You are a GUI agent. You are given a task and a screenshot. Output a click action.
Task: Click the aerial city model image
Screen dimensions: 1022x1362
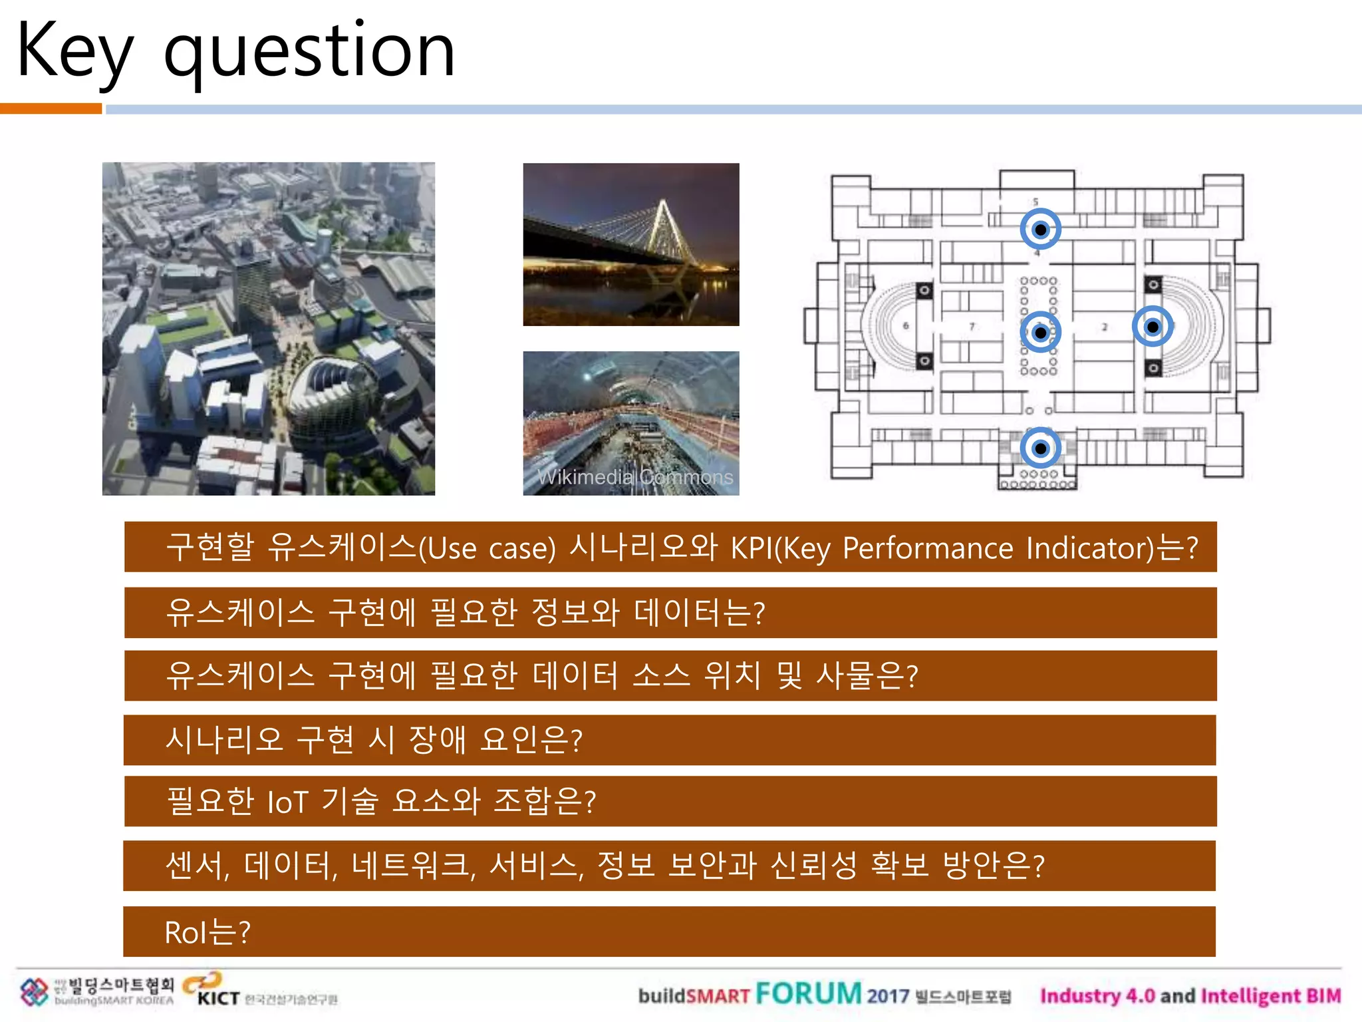pos(269,329)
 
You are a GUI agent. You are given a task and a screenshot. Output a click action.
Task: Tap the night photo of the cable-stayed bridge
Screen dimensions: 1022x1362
pos(630,244)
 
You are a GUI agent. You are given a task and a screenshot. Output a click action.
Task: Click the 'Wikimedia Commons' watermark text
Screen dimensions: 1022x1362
pos(634,477)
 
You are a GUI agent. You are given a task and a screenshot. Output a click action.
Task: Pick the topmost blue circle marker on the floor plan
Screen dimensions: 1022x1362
pos(1040,230)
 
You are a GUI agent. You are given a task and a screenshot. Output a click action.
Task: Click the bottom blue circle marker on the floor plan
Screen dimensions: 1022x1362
pos(1040,448)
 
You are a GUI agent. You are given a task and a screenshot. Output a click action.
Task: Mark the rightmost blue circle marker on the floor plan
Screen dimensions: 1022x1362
pos(1153,327)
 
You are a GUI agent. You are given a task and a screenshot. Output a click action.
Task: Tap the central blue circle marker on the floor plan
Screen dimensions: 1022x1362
pos(1040,333)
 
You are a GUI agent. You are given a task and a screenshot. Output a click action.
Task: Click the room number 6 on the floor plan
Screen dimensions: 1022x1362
pos(906,326)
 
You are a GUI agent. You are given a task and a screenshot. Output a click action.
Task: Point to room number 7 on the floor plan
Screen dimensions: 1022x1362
pos(972,326)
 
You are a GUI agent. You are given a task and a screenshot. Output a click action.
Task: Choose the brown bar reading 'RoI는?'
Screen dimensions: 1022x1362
pos(669,932)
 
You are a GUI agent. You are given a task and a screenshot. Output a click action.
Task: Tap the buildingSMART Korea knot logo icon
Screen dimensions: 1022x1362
pos(34,992)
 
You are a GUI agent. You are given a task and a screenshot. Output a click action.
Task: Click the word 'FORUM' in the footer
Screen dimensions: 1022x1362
pos(808,994)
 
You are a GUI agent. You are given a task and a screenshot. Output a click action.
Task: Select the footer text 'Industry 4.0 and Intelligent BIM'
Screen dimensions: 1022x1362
pos(1190,996)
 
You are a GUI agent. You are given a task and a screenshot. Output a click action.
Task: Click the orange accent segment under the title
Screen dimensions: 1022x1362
pos(51,109)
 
